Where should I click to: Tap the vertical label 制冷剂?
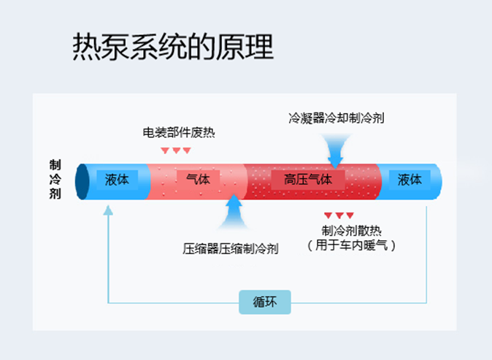(x=55, y=179)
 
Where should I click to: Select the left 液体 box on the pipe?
(x=117, y=179)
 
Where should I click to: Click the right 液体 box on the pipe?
(x=409, y=179)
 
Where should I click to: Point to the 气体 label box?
(x=197, y=179)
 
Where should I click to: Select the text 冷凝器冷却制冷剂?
(x=337, y=118)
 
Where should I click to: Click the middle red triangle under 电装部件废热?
(x=176, y=150)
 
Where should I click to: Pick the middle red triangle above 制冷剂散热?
(x=339, y=215)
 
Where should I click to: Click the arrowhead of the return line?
(x=109, y=210)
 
